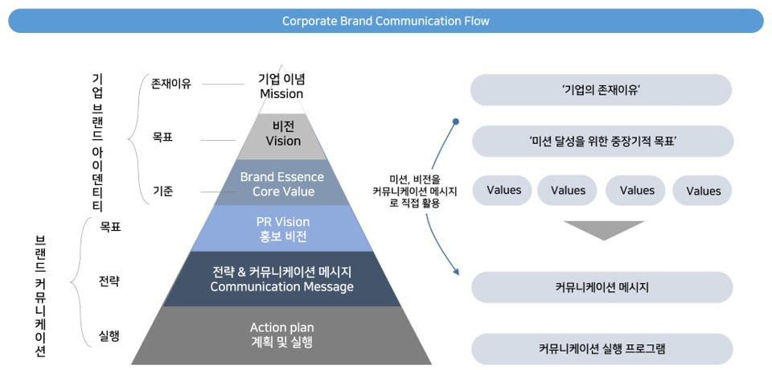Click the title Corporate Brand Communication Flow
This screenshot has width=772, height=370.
[385, 21]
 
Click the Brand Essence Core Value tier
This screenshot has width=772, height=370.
[282, 183]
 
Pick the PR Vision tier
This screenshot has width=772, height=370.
[282, 228]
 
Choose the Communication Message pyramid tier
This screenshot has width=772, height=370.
[282, 279]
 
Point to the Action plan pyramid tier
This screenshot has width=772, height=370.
[282, 335]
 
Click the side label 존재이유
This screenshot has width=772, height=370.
[170, 84]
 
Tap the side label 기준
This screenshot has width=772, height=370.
[162, 191]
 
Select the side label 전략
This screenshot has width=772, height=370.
[109, 282]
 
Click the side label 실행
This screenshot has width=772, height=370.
[109, 337]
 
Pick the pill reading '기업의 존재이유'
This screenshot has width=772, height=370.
[602, 89]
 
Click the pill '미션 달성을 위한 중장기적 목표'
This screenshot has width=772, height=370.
[602, 141]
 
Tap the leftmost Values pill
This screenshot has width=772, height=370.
[503, 190]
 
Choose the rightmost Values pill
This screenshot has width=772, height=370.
[703, 190]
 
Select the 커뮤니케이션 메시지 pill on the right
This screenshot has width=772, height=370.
[602, 287]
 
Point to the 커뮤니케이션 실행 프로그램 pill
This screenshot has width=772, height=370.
[602, 349]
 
